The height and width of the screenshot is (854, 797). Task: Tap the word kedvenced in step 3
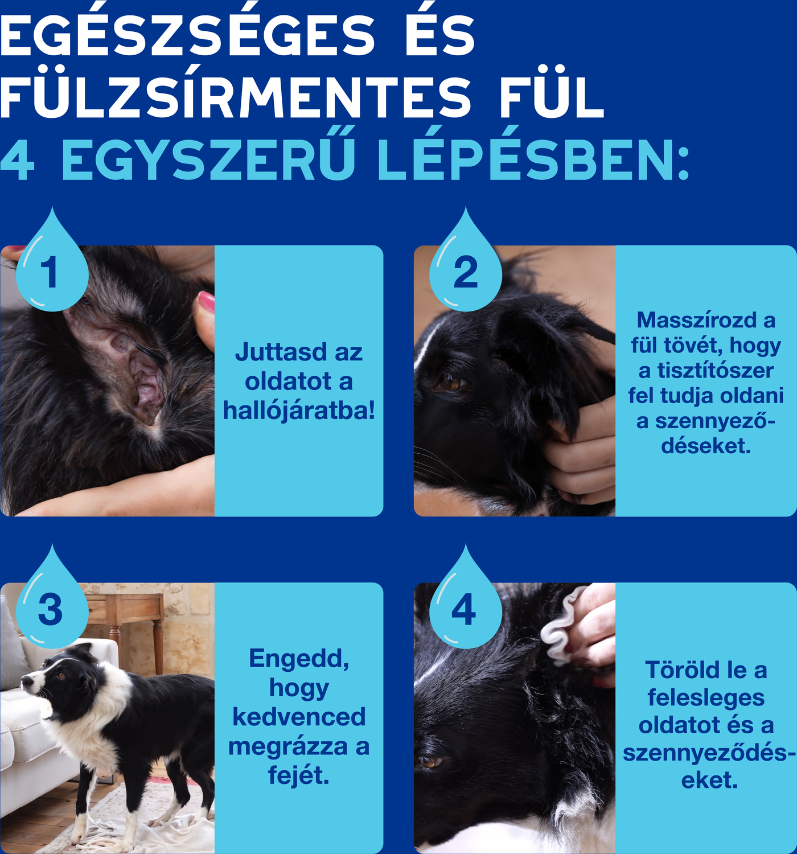(x=299, y=717)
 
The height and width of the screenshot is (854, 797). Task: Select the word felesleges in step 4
(x=706, y=698)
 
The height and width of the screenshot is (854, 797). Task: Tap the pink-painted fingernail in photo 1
(x=207, y=302)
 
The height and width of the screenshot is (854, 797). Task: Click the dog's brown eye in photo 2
(x=451, y=382)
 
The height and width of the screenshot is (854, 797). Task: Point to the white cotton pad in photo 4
(x=559, y=626)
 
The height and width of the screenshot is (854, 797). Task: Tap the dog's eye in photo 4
(x=429, y=762)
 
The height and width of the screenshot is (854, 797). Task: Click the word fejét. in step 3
(x=299, y=777)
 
